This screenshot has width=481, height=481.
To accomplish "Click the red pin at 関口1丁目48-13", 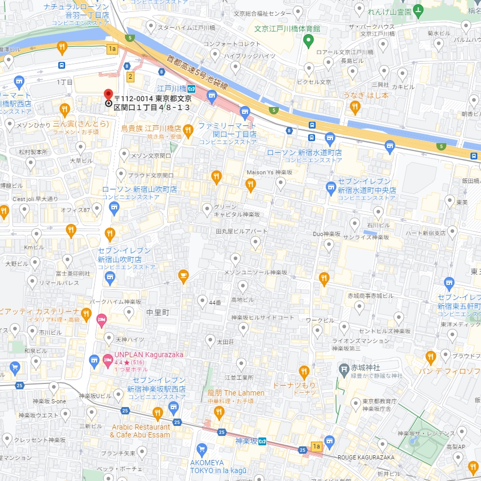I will click(x=109, y=94).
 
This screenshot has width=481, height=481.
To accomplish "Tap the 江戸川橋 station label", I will click(x=171, y=88).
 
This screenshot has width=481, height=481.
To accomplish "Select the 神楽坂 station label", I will click(x=247, y=441).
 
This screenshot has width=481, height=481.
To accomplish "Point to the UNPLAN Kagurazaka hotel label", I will click(x=149, y=355).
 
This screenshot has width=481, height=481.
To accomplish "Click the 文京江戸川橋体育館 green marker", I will click(x=309, y=40).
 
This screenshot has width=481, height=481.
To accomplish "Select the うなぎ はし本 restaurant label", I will click(x=366, y=95).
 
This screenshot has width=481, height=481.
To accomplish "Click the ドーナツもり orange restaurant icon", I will click(x=304, y=372).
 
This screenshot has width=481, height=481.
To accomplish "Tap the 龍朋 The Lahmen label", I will click(x=236, y=393).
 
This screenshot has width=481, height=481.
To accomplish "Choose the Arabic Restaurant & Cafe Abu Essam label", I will click(x=140, y=431).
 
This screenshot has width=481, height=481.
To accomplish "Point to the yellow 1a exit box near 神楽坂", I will click(x=316, y=446).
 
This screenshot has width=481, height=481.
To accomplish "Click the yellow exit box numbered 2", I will click(x=130, y=77).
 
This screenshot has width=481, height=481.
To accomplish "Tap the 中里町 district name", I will click(x=158, y=312).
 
